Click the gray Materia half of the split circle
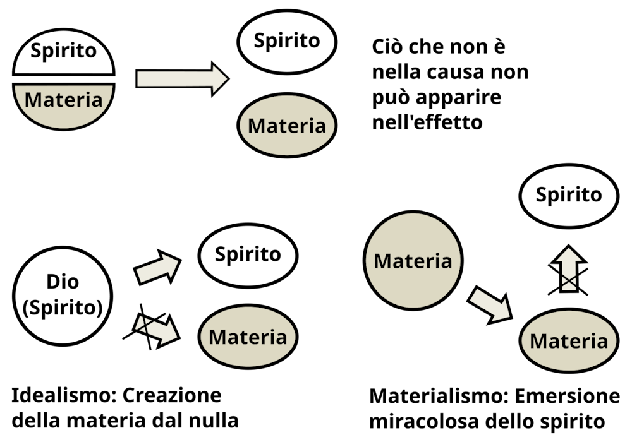tap(63, 101)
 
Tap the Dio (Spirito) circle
tap(63, 294)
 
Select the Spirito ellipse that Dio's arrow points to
tap(248, 255)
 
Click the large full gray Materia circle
tap(413, 261)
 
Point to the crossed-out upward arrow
tap(568, 270)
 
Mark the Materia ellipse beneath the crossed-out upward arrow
tap(569, 342)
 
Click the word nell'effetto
tap(427, 122)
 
